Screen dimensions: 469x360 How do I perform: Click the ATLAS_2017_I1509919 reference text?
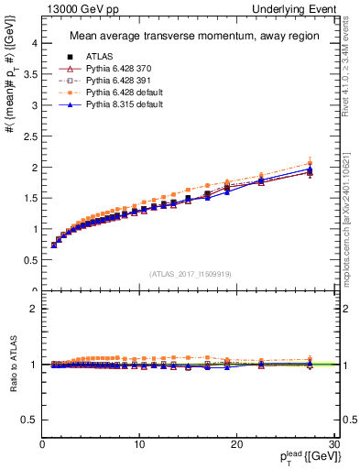(190, 273)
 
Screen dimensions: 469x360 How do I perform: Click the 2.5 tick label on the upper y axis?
(29, 136)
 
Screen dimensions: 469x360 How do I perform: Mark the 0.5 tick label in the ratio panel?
(29, 420)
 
